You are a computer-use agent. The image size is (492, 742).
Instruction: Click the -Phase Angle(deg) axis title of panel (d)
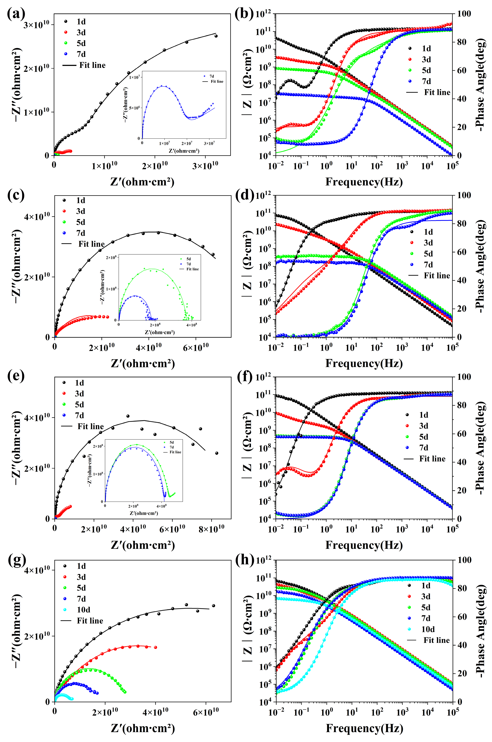point(480,266)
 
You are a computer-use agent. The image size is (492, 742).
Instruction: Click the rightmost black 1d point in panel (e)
point(217,453)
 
